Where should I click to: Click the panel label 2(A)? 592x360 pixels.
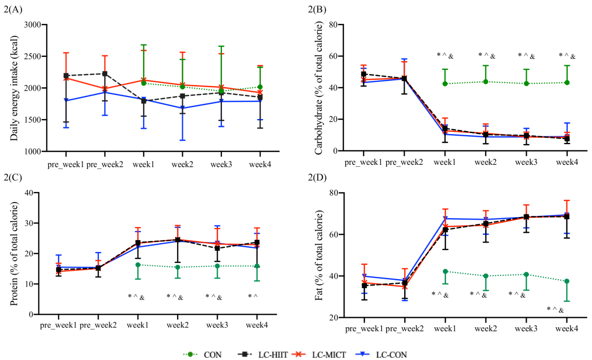coord(13,8)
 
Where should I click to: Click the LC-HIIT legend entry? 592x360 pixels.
coord(262,354)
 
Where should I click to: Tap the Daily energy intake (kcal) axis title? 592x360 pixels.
coord(14,88)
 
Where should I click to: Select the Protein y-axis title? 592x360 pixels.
coord(14,253)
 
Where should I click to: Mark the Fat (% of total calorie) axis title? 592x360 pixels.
coord(319,255)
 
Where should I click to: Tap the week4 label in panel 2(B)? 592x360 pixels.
coord(567,162)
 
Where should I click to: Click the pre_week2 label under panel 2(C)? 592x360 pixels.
coord(98,324)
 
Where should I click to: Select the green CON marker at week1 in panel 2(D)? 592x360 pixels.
coord(445,271)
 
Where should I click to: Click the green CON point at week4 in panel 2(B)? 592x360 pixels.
coord(567,83)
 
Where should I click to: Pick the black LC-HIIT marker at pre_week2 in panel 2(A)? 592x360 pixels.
coord(105,74)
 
